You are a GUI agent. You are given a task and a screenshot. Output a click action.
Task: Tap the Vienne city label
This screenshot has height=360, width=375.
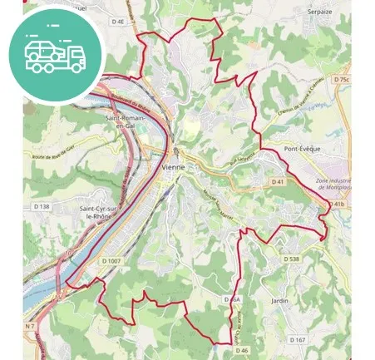pos(173,167)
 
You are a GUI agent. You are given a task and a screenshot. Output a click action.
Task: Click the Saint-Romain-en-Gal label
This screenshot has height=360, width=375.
pos(126,123)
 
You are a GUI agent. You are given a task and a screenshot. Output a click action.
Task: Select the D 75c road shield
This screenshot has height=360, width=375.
pos(341,79)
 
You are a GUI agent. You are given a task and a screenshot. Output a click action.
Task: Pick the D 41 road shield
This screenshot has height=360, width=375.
pos(277,181)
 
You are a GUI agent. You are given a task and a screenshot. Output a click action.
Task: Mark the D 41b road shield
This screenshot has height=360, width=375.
pos(337,204)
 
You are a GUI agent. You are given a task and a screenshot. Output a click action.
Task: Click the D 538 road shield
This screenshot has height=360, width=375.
pos(290,259)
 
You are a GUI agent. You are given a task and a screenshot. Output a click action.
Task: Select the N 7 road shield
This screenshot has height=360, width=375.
pos(30,325)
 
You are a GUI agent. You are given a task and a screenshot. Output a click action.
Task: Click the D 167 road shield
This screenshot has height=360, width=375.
pos(298,339)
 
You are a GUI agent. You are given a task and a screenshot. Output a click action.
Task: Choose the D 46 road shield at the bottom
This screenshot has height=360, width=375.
pos(242,351)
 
